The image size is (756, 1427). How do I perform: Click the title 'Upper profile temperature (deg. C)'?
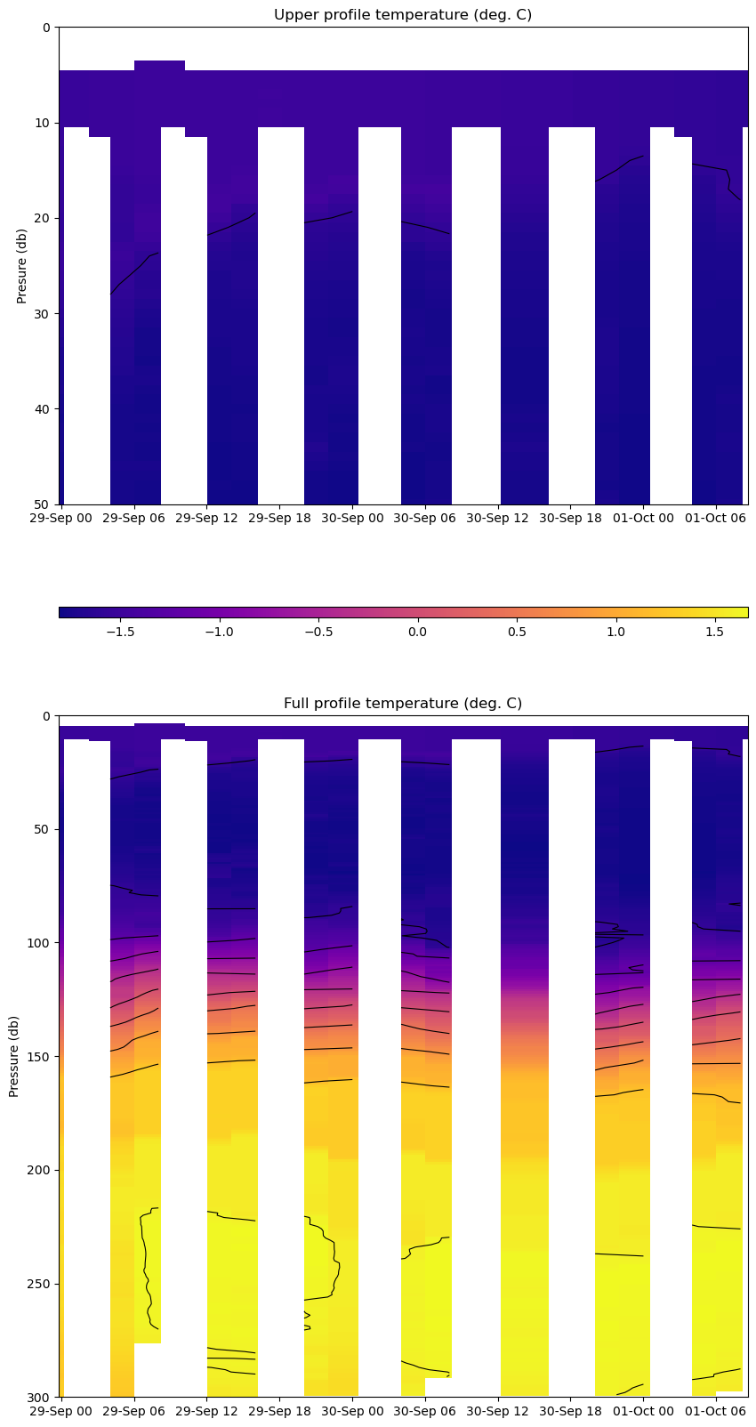[x=403, y=15]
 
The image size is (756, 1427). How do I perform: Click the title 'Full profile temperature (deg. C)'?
[x=403, y=704]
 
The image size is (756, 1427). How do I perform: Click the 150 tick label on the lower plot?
[x=39, y=1057]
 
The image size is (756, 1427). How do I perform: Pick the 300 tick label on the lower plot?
[x=39, y=1398]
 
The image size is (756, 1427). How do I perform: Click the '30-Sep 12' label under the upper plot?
[x=497, y=518]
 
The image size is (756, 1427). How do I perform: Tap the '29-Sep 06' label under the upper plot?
[x=133, y=518]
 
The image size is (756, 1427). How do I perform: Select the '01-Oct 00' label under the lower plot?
[x=643, y=1411]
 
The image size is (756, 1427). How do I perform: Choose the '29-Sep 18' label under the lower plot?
[x=278, y=1411]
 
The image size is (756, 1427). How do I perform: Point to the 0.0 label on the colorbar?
[x=417, y=633]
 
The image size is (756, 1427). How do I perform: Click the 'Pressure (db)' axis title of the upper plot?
[x=22, y=266]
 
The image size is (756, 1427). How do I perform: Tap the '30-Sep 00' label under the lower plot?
[x=351, y=1411]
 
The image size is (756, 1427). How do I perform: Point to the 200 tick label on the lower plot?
[x=39, y=1170]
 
